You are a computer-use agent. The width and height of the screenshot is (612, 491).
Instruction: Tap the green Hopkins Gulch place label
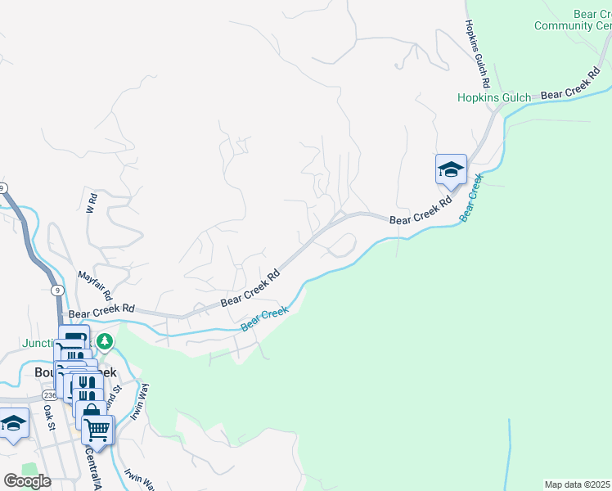point(493,97)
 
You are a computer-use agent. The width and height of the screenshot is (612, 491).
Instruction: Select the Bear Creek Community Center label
point(574,20)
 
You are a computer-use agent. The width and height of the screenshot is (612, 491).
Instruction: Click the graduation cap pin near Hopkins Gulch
point(451,170)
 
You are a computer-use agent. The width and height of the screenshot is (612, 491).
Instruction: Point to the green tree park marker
point(104,340)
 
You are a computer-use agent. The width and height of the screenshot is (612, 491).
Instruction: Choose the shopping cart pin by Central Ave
point(97,430)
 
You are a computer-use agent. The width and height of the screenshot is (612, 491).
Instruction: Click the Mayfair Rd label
point(94,286)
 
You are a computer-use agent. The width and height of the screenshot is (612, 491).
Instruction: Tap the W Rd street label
point(92,203)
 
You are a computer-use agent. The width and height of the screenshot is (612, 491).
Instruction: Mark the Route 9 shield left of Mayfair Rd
point(56,290)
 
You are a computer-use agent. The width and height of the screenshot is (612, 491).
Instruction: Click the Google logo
point(27,480)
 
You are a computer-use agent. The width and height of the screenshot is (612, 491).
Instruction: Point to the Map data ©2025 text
point(578,484)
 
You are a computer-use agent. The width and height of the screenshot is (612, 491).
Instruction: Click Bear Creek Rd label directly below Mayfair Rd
point(101,313)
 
